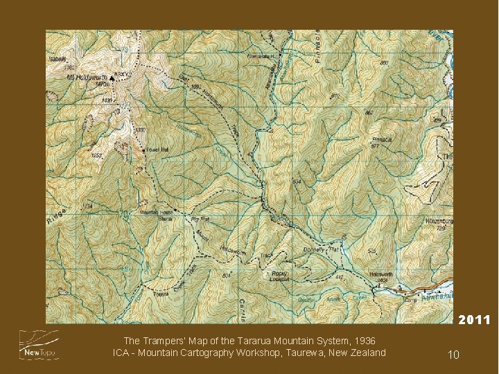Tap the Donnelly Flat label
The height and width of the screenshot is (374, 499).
320,249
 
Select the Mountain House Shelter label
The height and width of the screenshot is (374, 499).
156,215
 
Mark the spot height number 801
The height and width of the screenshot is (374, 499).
226,276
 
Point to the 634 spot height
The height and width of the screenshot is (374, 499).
297,181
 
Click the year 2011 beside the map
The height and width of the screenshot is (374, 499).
474,320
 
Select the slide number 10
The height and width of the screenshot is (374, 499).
453,355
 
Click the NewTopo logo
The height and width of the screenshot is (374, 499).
39,344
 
